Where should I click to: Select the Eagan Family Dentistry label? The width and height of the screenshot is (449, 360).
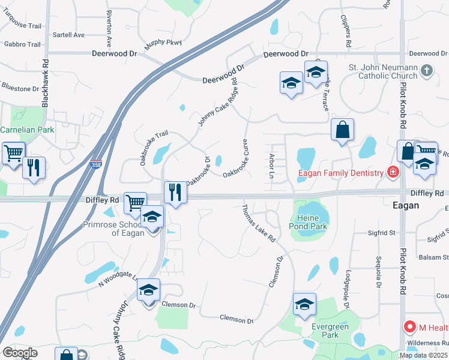pos(341,173)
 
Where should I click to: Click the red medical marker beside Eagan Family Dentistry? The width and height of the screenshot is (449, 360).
pos(393,173)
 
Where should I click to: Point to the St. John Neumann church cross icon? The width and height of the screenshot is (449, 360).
pos(427,71)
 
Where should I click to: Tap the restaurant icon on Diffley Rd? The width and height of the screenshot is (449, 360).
pos(175,193)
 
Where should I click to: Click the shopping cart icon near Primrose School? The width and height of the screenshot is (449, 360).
pos(135,203)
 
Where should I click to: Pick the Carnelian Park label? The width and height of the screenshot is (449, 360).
pos(27,130)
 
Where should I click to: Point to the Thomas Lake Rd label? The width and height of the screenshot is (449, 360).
pos(258,223)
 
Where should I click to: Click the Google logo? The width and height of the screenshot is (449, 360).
pos(20,353)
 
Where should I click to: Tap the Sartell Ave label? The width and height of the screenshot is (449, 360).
pos(68,35)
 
